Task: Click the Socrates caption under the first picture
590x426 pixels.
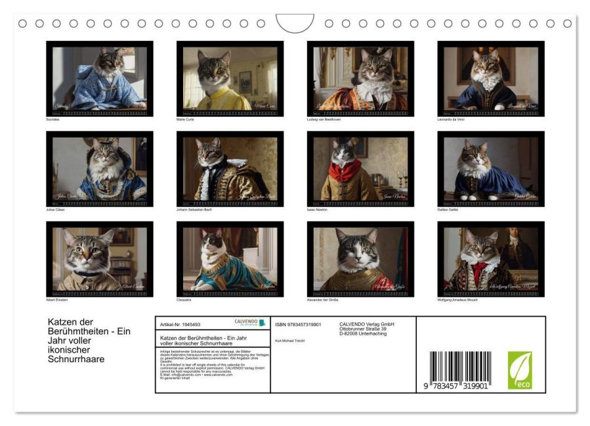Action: (x=53, y=120)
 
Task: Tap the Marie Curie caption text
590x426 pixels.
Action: (x=185, y=120)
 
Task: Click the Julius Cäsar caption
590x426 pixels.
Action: (x=55, y=210)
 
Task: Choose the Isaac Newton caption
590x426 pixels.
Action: (x=318, y=210)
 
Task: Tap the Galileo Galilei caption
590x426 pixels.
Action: (x=448, y=210)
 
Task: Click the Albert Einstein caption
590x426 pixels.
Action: (x=57, y=300)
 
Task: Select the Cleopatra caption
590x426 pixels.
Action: (x=184, y=300)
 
